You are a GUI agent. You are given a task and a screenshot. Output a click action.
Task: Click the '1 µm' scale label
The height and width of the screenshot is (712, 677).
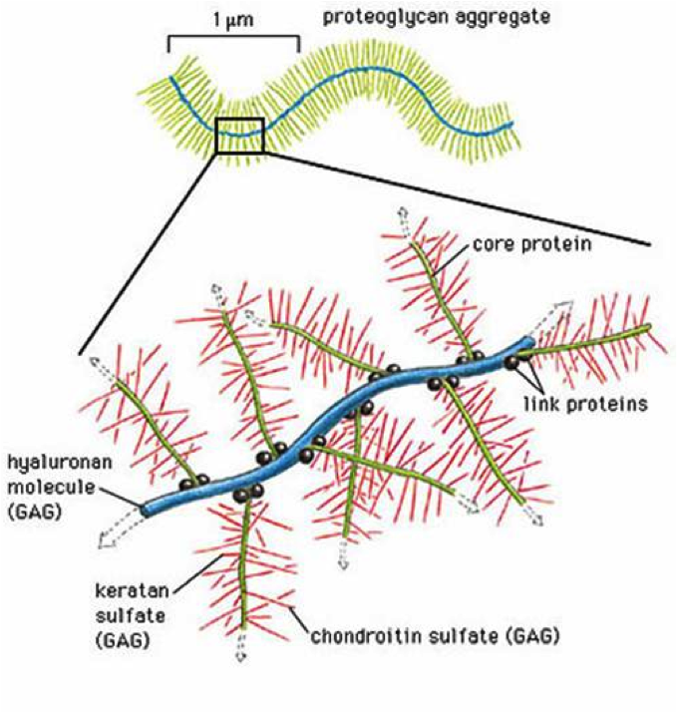point(233,20)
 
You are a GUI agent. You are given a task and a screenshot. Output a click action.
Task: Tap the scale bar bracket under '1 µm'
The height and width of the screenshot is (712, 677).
point(234,37)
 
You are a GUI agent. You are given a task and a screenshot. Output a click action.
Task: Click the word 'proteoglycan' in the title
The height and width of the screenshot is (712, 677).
point(384,18)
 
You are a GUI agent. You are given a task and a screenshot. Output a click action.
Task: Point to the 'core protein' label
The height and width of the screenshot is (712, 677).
point(532,244)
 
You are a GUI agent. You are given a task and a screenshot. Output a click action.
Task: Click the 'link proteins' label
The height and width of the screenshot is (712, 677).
point(585,403)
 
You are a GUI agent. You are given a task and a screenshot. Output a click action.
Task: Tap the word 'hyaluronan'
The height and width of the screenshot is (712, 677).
point(60,463)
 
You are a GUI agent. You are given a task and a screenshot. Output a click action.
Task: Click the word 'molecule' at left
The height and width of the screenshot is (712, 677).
point(51,488)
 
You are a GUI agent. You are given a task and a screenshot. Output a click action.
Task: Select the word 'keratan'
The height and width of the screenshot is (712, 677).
point(126,590)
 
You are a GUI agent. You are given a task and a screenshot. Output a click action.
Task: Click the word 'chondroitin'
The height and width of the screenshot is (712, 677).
point(367,636)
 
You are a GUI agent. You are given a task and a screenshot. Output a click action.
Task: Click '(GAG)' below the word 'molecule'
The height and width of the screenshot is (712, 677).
point(35,513)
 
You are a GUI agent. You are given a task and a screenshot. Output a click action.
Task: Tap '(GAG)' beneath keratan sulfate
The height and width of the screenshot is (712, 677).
point(122,641)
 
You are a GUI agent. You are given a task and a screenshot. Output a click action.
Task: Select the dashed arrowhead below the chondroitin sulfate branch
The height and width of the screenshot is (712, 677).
point(240,647)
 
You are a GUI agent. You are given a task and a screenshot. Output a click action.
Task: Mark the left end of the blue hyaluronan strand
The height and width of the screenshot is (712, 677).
point(145,511)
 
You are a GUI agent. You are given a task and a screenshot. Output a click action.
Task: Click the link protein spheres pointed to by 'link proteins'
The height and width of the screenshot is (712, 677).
point(517,360)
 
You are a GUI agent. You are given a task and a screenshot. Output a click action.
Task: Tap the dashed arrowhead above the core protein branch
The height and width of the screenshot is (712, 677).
point(403,218)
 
